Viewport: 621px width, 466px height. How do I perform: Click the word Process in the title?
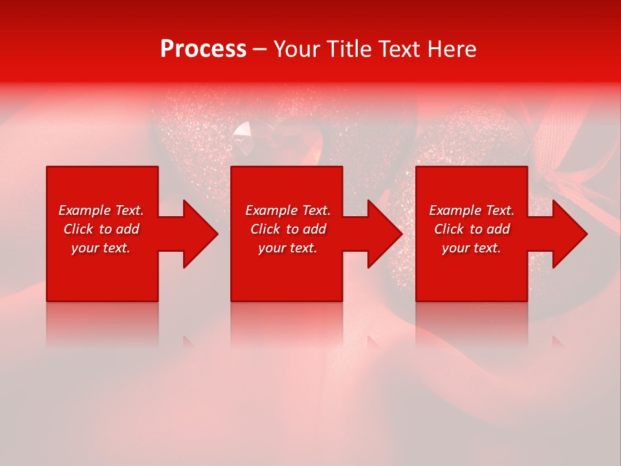click(203, 49)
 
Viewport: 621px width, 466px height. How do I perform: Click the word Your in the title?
click(298, 49)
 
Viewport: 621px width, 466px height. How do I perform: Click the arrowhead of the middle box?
click(384, 234)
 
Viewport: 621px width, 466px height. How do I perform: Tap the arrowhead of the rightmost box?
click(569, 234)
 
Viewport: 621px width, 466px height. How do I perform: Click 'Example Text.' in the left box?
click(101, 210)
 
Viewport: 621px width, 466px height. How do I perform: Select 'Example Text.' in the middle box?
click(288, 210)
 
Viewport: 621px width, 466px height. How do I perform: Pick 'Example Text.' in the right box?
click(472, 210)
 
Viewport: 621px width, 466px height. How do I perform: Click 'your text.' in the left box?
click(101, 248)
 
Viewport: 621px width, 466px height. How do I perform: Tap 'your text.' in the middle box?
click(288, 248)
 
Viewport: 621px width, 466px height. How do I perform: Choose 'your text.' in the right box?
click(472, 248)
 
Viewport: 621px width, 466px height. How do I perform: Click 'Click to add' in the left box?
click(101, 229)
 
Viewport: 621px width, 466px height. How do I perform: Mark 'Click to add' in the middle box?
click(288, 229)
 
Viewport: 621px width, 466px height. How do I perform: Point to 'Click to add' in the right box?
click(472, 229)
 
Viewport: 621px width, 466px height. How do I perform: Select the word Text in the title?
click(400, 49)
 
